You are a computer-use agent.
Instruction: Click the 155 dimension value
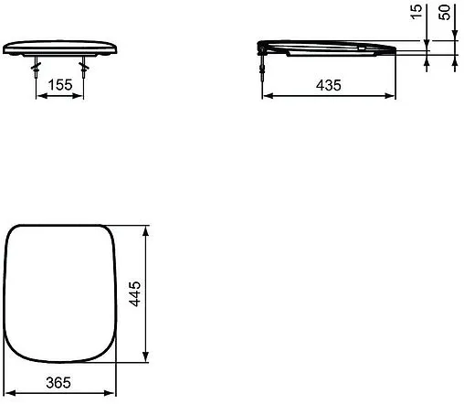pyautogui.click(x=61, y=83)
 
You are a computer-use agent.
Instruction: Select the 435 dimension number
pyautogui.click(x=329, y=84)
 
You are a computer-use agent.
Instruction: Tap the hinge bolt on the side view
pyautogui.click(x=264, y=65)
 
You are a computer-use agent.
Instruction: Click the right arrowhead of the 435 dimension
pyautogui.click(x=394, y=93)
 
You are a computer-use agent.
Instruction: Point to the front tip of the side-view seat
pyautogui.click(x=395, y=50)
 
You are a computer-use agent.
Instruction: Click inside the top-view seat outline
pyautogui.click(x=60, y=292)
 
